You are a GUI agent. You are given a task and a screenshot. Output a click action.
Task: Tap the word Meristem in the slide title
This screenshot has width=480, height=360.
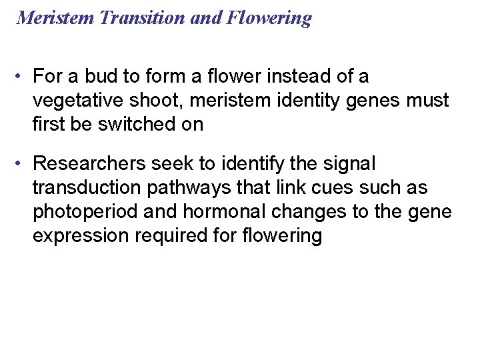point(56,17)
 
